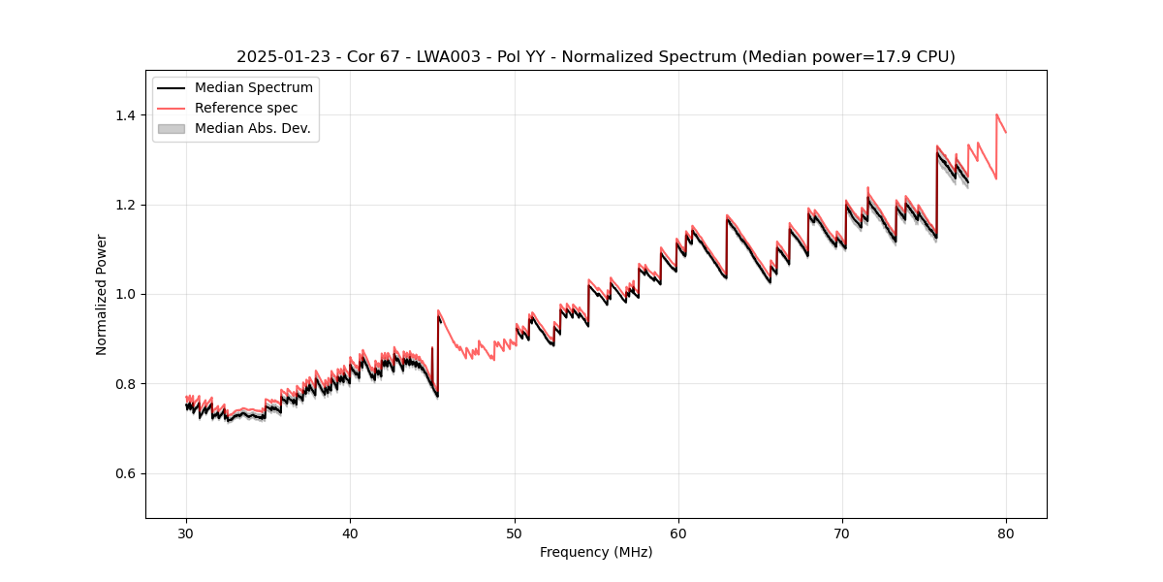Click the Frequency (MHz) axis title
(596, 552)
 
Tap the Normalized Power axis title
(102, 294)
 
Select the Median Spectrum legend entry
(253, 88)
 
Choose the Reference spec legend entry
(246, 108)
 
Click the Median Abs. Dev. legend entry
(252, 128)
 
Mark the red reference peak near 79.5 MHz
(996, 114)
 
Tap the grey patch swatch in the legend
(171, 128)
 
